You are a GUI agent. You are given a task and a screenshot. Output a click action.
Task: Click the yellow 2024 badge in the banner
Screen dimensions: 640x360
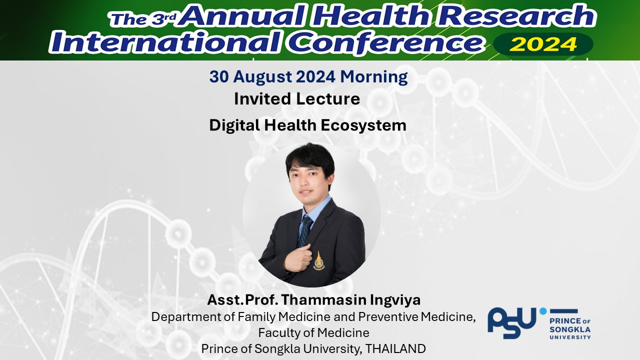[x=543, y=44]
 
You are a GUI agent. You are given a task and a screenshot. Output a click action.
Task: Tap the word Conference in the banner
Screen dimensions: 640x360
[x=385, y=42]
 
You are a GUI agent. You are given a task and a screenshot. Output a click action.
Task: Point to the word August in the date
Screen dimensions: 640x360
[x=262, y=77]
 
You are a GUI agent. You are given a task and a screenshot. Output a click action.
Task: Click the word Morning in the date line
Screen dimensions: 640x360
[x=373, y=77]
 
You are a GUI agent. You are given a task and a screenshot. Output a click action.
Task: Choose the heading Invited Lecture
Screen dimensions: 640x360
[x=297, y=99]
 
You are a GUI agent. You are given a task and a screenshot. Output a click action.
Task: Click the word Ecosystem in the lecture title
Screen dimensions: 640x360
[x=363, y=125]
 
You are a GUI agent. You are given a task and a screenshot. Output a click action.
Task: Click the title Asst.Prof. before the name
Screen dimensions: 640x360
[x=242, y=299]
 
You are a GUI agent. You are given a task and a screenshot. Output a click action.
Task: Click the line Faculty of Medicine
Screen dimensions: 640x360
[x=313, y=333]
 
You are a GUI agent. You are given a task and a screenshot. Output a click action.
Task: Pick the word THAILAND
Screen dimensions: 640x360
[x=395, y=349]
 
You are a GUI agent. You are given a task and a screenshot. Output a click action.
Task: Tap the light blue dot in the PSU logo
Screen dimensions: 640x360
[x=543, y=311]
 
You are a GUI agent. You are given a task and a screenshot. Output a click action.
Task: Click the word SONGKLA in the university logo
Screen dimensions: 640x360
[x=570, y=329]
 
